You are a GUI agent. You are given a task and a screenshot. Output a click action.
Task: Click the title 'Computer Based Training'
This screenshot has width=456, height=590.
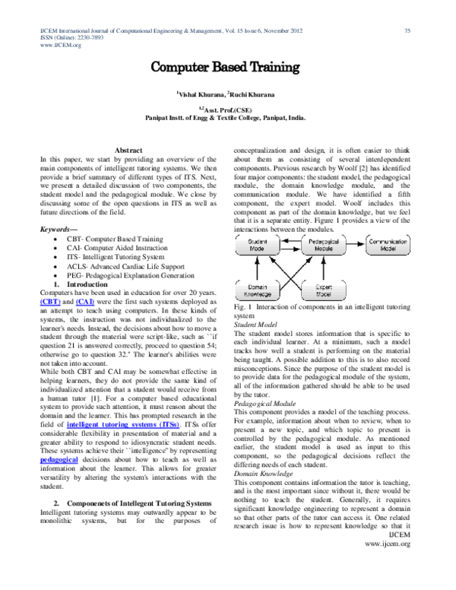coord(224,68)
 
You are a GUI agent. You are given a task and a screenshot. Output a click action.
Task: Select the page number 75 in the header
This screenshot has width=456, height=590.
coord(407,30)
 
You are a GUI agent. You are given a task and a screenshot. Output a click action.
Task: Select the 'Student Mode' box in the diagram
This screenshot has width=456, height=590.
coord(257,244)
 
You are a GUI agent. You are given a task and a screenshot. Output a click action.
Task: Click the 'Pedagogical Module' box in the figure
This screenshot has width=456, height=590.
coord(324,244)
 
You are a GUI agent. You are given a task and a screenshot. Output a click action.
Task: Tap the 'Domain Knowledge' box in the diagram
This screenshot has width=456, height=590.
coord(257,290)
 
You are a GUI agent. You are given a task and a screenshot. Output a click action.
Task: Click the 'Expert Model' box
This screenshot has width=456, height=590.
coord(324,290)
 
